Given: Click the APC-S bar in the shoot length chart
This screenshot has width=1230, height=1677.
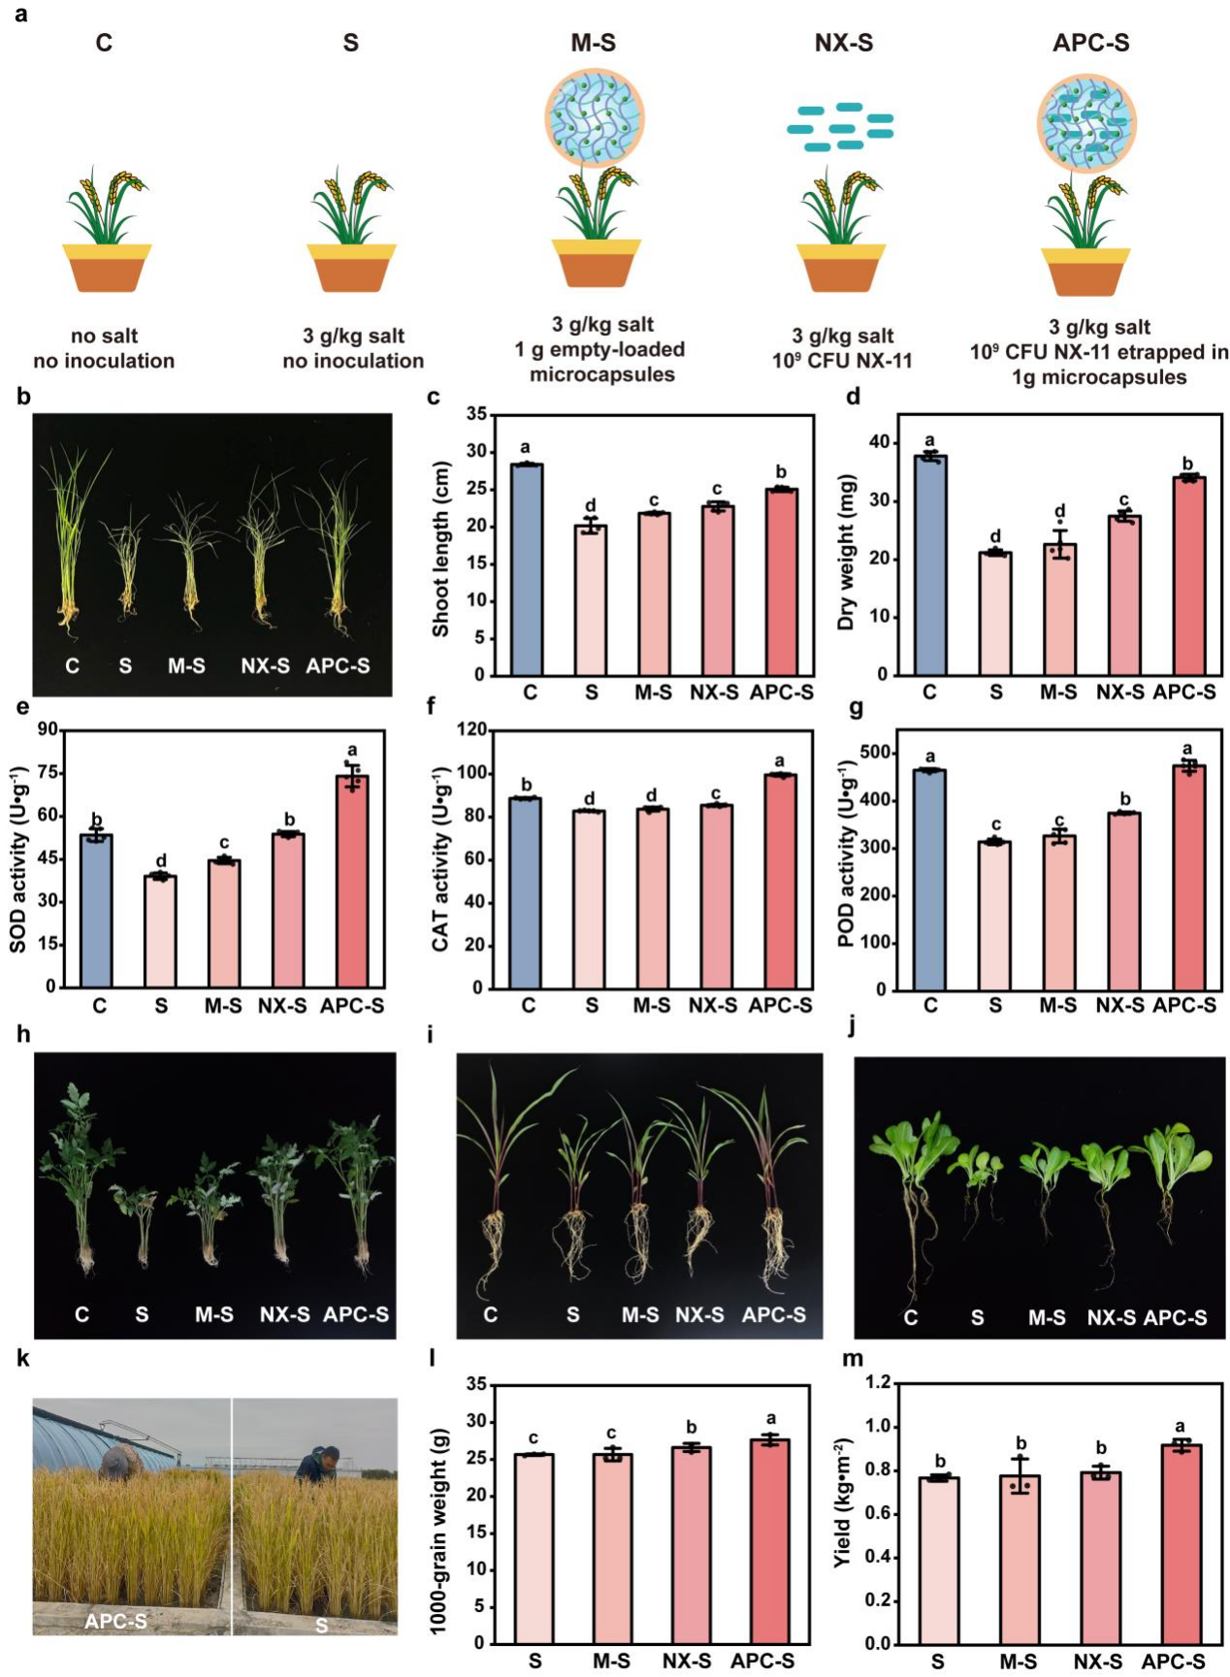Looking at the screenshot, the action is [781, 582].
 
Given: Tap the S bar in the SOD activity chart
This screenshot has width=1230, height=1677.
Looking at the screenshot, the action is [161, 931].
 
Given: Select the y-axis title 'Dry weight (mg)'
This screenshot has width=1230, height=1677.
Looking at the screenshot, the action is [847, 553].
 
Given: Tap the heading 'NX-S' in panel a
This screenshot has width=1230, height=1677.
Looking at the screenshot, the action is [843, 43].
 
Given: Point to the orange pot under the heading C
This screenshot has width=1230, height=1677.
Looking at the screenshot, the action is [107, 268].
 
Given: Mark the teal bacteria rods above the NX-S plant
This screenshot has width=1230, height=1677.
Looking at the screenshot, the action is [840, 127].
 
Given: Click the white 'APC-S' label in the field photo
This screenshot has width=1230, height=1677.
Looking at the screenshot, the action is [116, 1620].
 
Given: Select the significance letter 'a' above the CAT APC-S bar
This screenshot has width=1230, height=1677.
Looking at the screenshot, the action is [780, 761].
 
